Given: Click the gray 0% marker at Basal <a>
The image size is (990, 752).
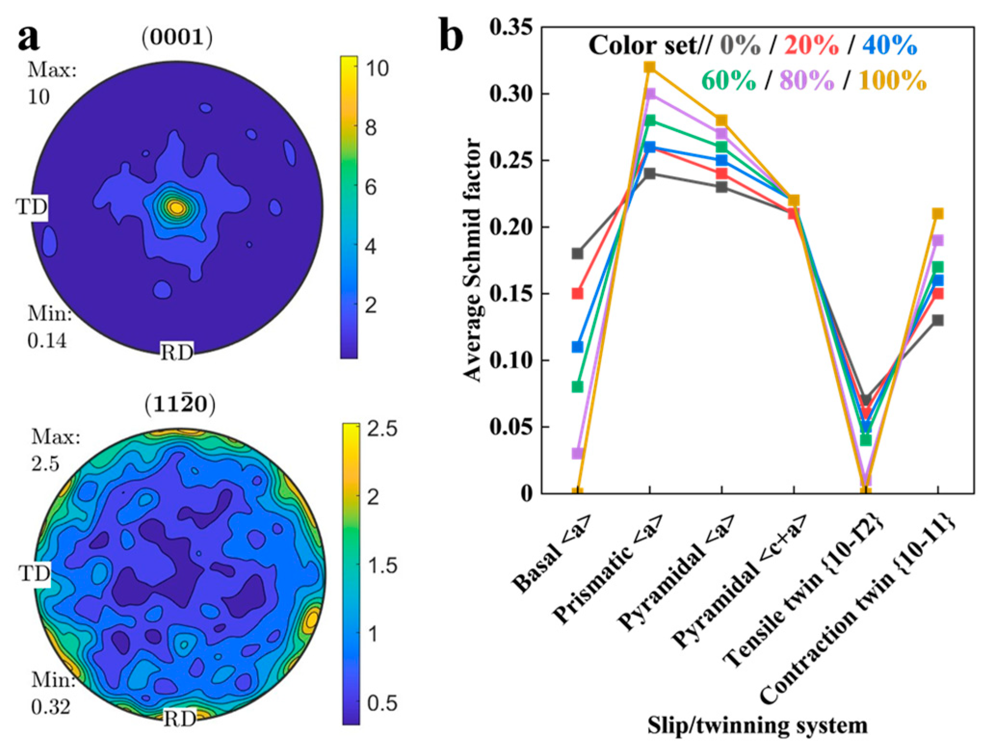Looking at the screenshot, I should (x=577, y=253).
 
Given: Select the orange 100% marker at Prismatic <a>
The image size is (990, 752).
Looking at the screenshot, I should (x=650, y=66).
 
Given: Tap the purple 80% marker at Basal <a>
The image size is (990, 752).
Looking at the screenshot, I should (x=577, y=453).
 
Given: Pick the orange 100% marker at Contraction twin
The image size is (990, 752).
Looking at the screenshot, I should (x=938, y=213).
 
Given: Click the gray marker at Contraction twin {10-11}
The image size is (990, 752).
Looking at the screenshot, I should (x=938, y=320).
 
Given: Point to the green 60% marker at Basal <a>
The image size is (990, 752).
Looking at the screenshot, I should (x=577, y=387).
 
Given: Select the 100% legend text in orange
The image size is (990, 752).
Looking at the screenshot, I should (x=892, y=79).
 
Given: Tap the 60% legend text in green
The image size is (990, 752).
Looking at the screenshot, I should (x=728, y=79).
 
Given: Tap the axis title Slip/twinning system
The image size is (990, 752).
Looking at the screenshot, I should (x=757, y=725).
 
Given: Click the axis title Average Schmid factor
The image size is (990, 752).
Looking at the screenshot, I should (x=473, y=260).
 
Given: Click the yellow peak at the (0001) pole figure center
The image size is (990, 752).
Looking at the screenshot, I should (x=177, y=207).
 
